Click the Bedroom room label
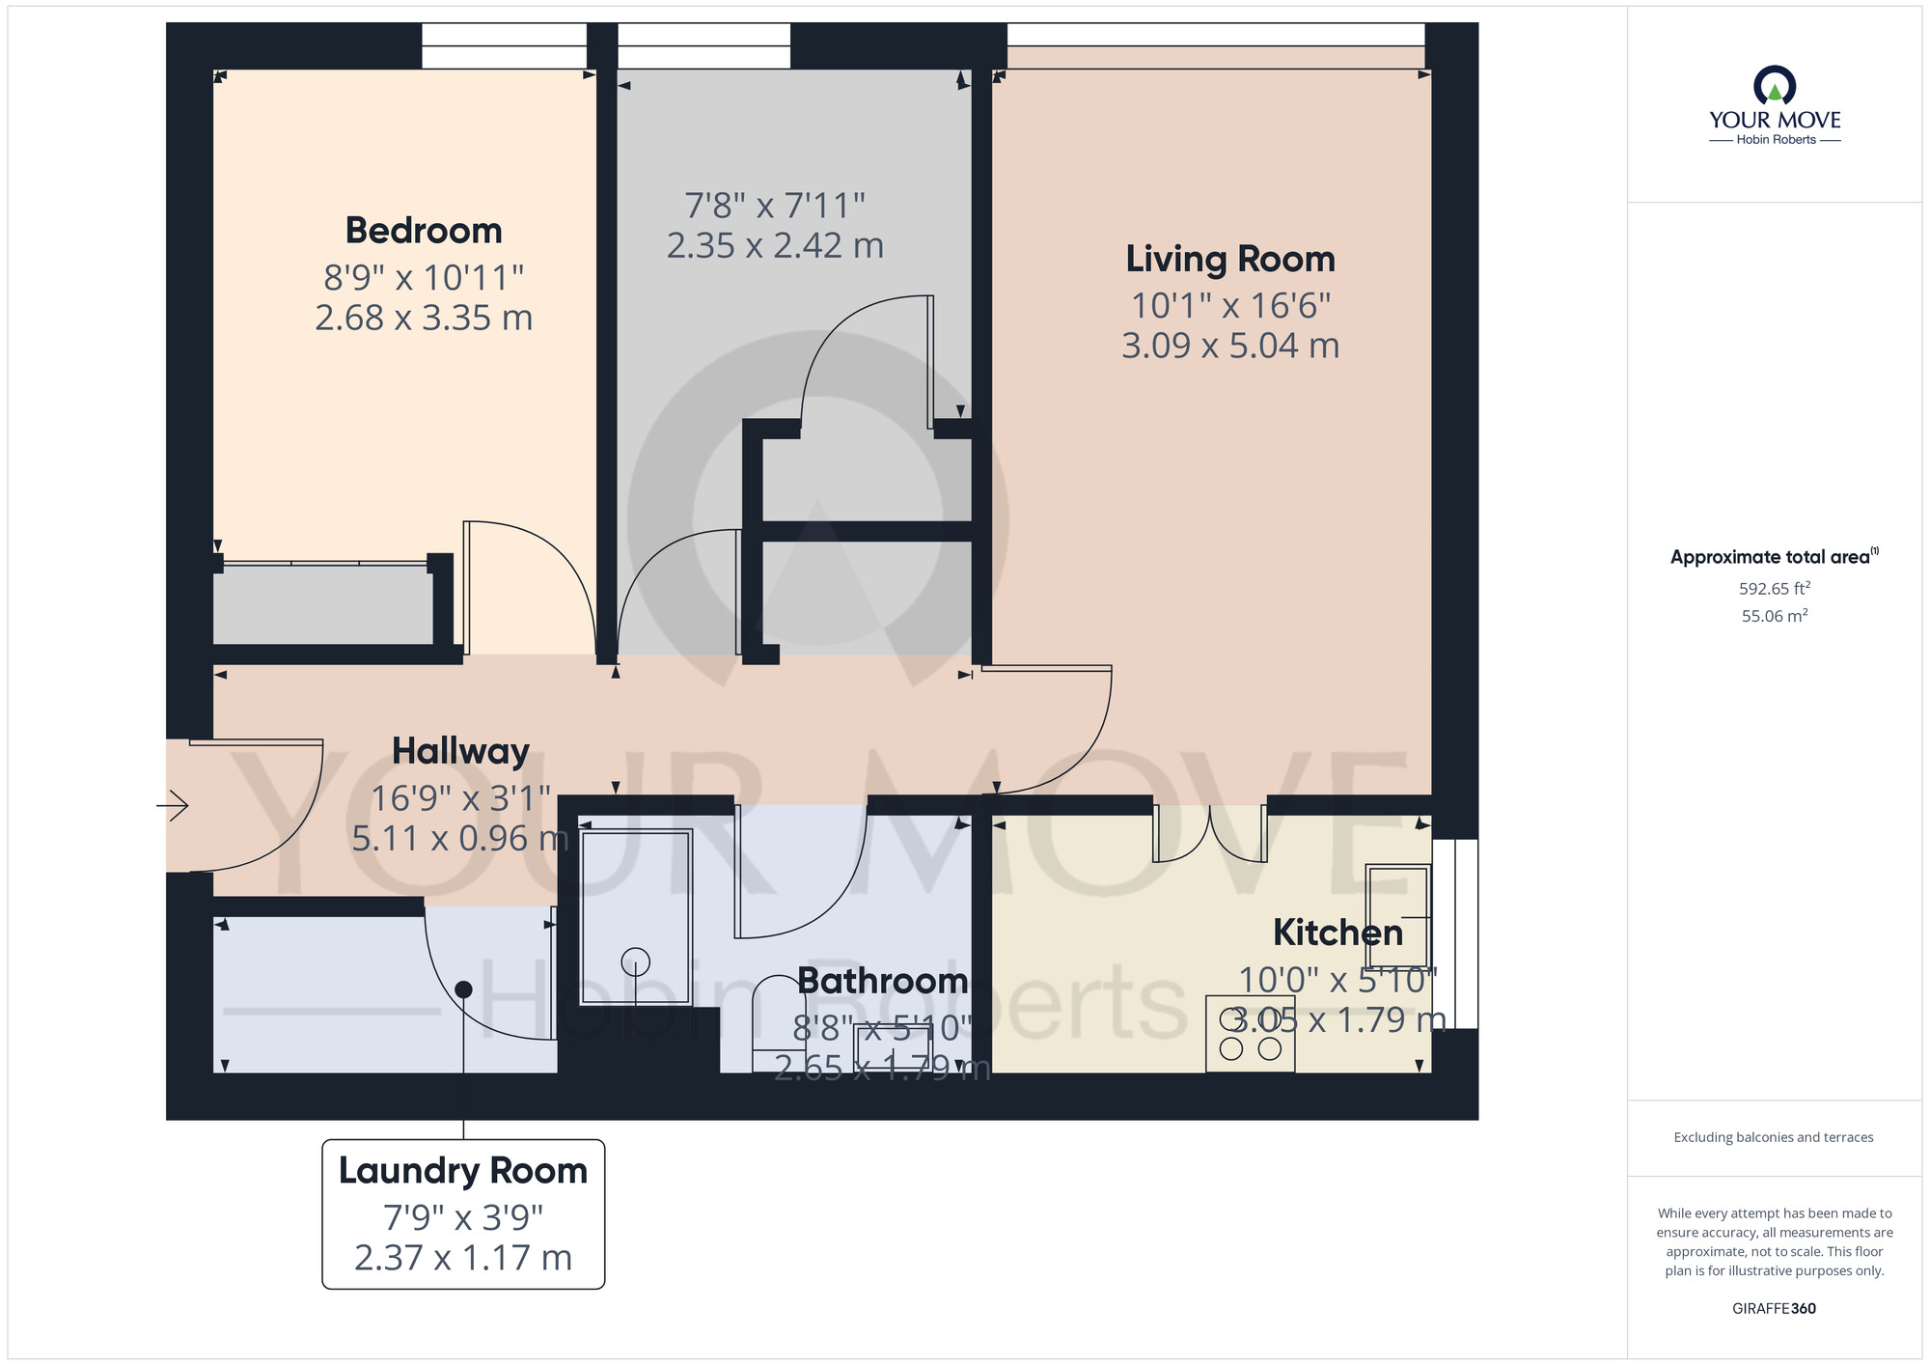[424, 231]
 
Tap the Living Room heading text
[1230, 259]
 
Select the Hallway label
[460, 751]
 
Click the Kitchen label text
[1337, 933]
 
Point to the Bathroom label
[882, 981]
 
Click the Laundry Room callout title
[463, 1170]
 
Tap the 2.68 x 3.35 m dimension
[424, 318]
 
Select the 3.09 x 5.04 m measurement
[1230, 346]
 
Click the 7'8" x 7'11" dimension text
[775, 206]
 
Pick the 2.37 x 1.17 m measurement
[463, 1258]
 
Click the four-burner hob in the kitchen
[1250, 1034]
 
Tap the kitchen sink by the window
[1396, 915]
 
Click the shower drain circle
[635, 961]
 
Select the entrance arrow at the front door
[174, 805]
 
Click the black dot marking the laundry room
[463, 989]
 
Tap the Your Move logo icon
[1775, 85]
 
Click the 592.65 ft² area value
[1775, 588]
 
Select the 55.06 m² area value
[1775, 616]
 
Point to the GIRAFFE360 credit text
[1774, 1309]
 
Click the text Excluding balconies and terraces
[1774, 1137]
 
